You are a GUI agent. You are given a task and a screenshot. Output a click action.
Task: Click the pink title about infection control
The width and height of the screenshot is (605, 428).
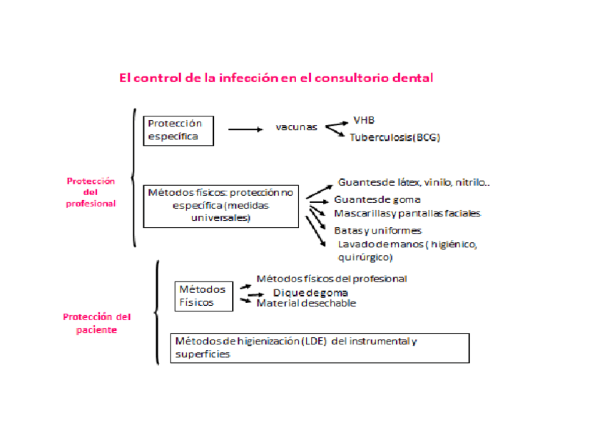coord(276,77)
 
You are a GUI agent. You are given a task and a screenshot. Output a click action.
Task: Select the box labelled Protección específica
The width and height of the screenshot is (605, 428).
coord(178,130)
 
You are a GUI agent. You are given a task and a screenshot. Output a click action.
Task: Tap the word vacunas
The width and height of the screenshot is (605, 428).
coord(296,128)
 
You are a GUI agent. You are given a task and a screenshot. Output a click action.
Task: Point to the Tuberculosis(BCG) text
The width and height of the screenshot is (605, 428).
coord(395,137)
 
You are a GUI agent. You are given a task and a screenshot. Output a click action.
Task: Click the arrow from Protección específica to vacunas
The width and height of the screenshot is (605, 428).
coord(245,129)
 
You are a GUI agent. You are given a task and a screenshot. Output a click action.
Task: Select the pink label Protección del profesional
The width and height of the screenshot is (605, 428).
coord(91,192)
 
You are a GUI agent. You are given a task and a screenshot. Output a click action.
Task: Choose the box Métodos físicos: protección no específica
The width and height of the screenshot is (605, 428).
coord(220,206)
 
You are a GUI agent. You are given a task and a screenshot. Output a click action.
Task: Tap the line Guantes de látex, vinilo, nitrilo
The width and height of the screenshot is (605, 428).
coord(414,182)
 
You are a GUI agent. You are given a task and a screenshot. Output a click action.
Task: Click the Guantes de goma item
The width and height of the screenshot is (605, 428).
coord(377,199)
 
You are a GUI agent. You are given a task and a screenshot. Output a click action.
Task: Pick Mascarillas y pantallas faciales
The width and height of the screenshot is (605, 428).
coord(407,213)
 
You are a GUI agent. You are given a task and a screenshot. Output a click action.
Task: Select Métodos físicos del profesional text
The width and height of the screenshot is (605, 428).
coord(331,279)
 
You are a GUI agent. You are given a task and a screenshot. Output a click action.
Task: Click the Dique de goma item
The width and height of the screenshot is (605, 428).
coord(310,293)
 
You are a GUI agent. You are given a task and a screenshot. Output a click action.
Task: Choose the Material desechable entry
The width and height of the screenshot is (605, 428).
coord(306,303)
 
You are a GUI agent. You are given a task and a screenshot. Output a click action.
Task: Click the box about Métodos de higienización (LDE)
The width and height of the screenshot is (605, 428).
coord(319,348)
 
